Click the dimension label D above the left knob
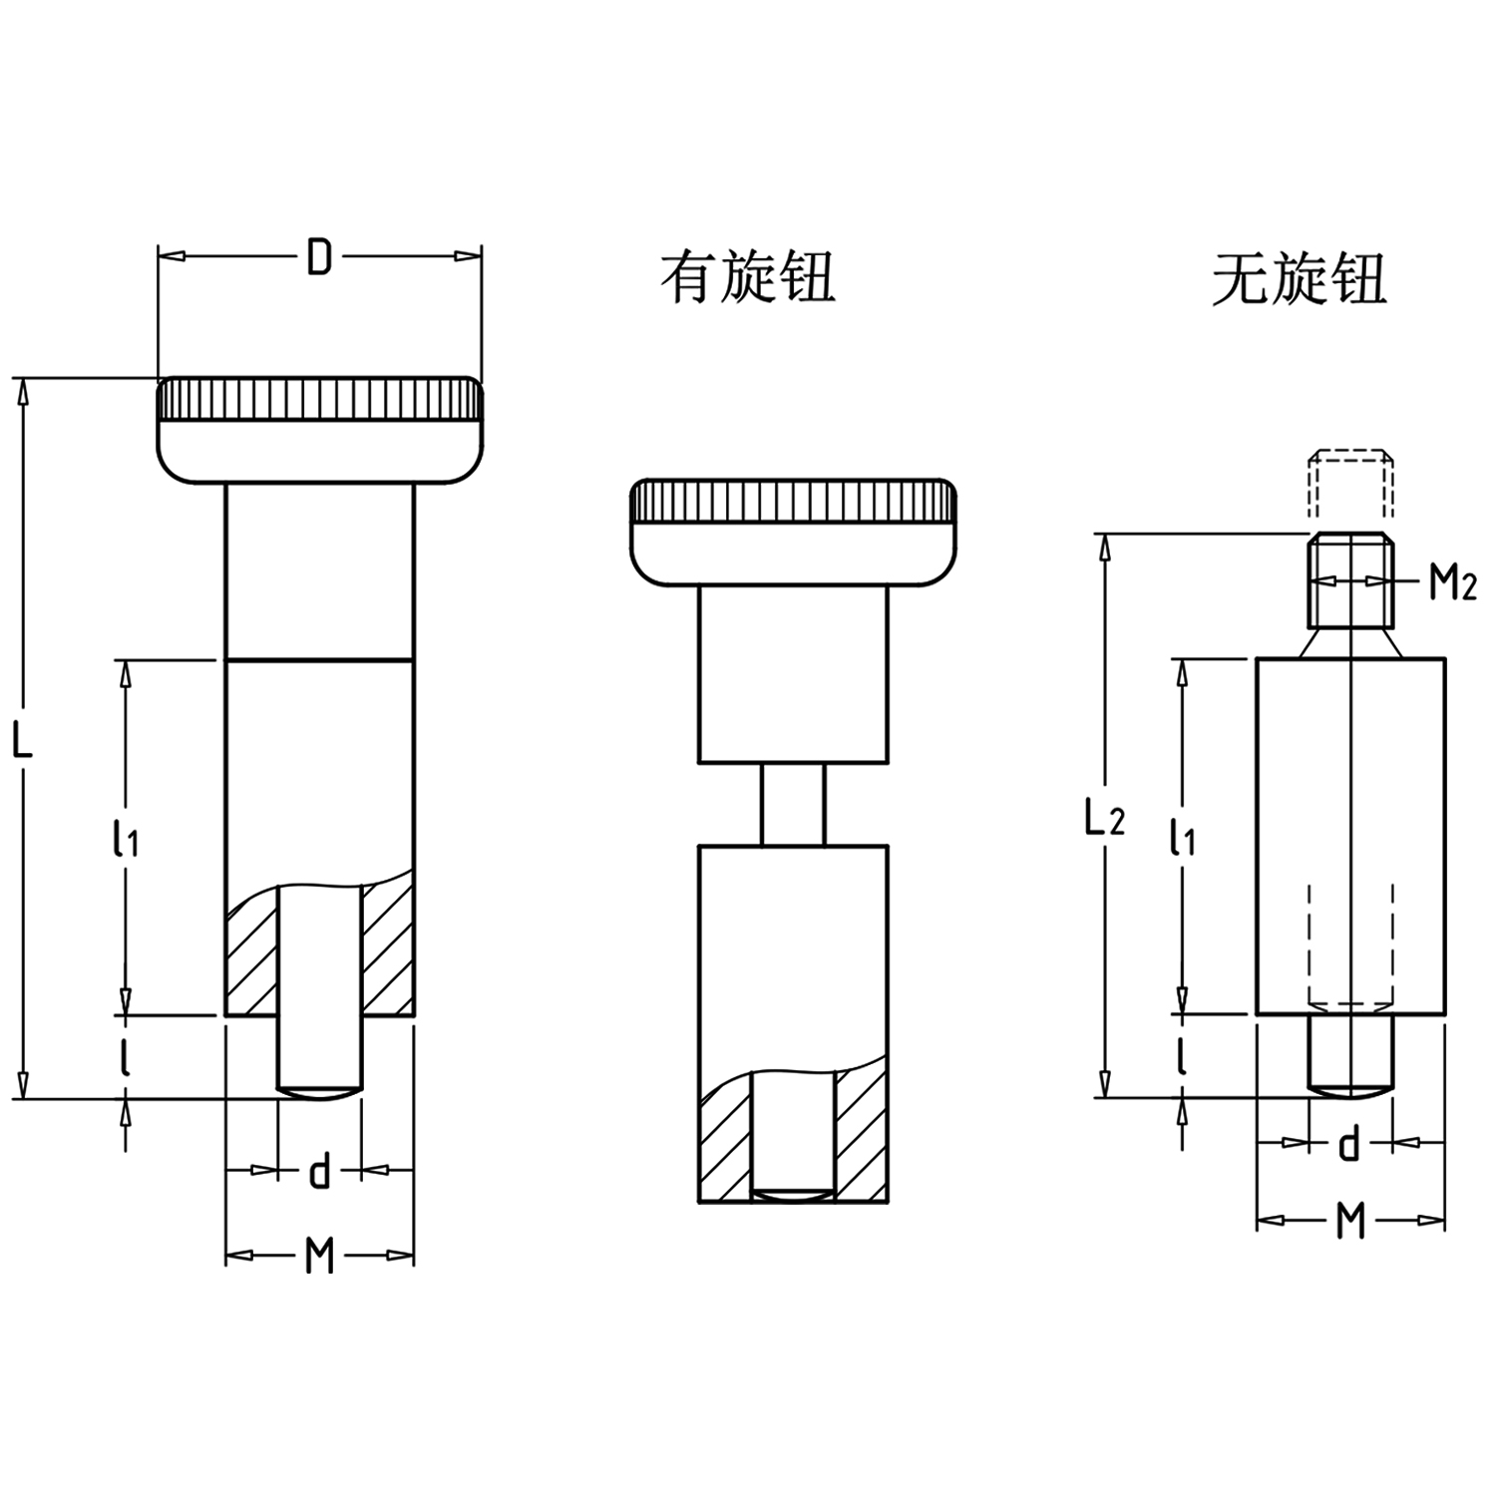[318, 257]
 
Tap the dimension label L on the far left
[22, 739]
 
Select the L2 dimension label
[1104, 818]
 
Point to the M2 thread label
[1451, 581]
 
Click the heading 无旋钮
[1299, 279]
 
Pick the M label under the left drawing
[319, 1256]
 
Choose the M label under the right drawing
[1349, 1220]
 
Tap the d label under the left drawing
[319, 1171]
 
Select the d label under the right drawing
[1348, 1143]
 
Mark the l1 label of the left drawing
[126, 838]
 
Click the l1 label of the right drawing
[1182, 838]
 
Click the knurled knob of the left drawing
[319, 429]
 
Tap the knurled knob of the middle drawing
[793, 531]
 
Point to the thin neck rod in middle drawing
[793, 804]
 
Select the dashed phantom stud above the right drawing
[1348, 484]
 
